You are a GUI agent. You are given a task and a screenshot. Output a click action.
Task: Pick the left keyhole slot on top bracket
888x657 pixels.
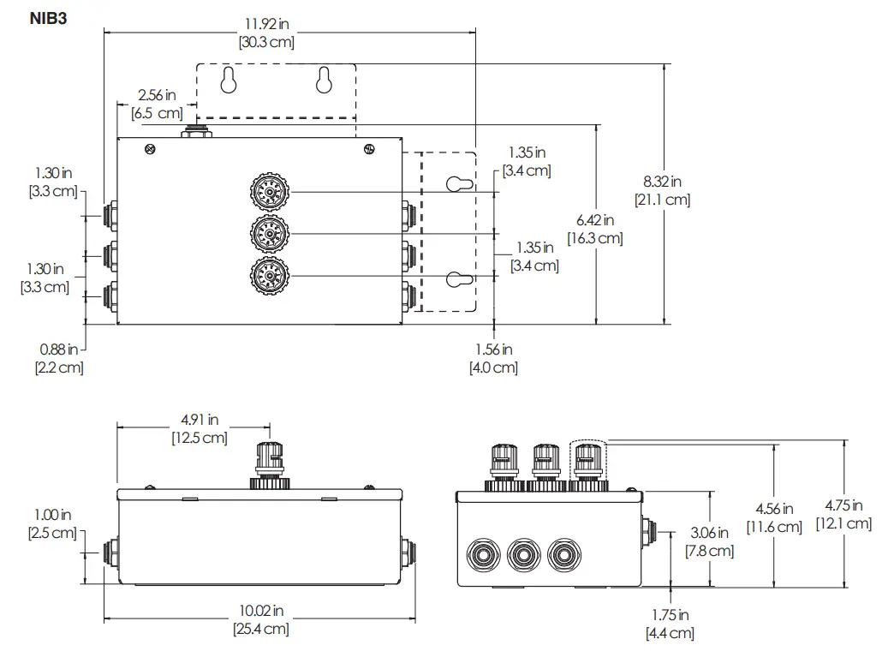point(229,81)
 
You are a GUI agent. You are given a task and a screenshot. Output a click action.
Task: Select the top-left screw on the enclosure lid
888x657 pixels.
point(151,149)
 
